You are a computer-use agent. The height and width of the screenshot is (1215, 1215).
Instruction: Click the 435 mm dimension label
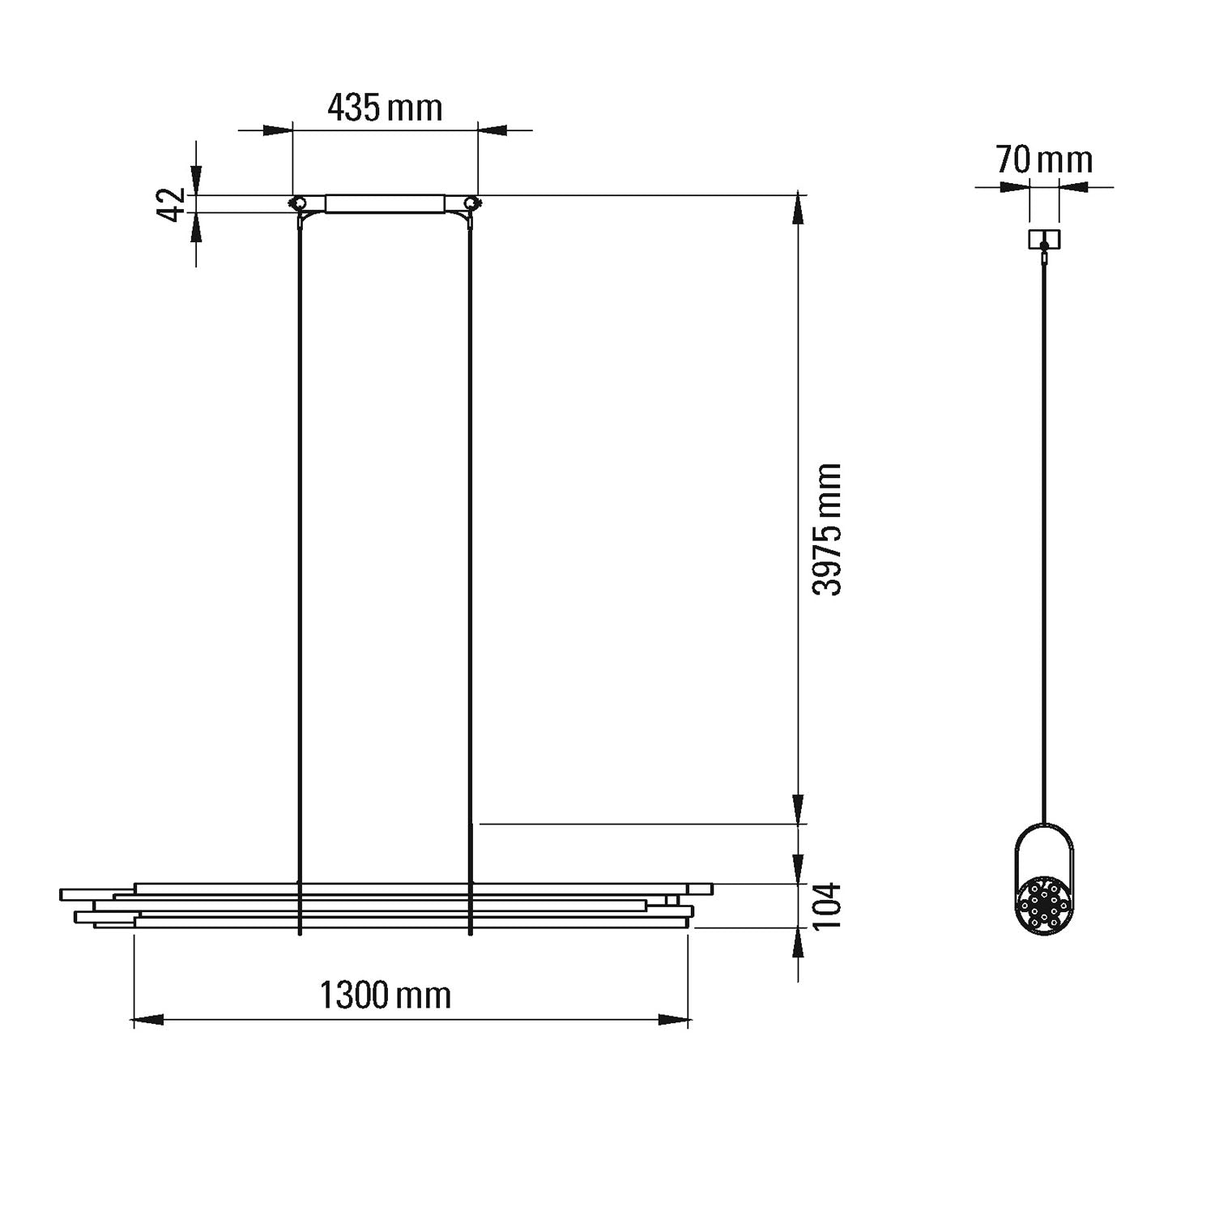(385, 107)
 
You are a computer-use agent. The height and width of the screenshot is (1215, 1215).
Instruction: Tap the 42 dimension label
(172, 204)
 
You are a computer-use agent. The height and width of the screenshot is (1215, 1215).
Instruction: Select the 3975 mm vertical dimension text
(827, 530)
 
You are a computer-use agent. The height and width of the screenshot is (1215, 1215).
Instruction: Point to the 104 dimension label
(827, 906)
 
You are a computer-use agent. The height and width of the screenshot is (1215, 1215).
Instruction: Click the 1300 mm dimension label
(386, 995)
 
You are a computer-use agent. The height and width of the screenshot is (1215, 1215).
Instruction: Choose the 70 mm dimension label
(1044, 160)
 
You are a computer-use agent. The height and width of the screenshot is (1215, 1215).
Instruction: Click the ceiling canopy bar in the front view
(385, 203)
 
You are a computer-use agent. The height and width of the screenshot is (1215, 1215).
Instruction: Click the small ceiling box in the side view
(1044, 239)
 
